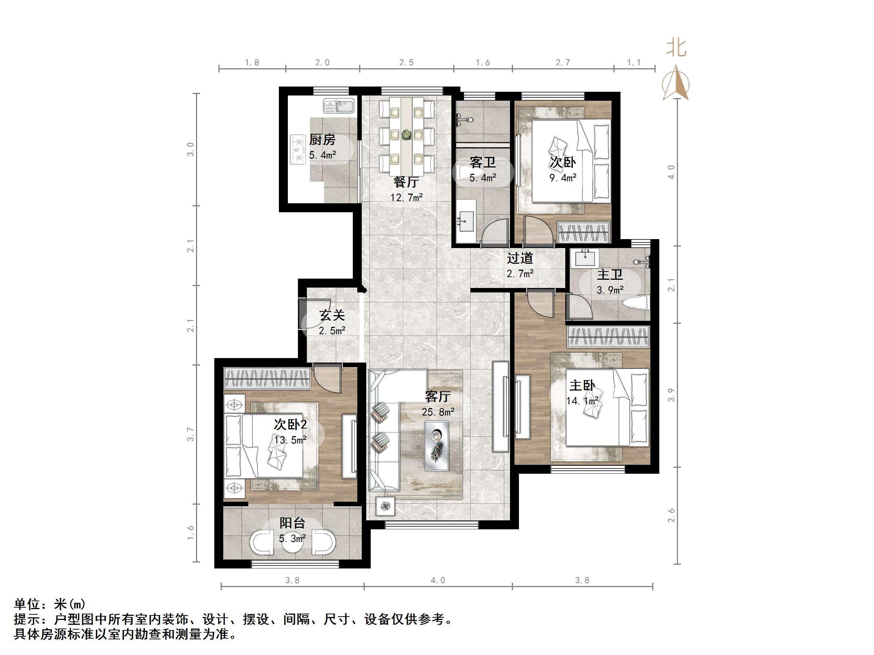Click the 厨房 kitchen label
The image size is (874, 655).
(322, 140)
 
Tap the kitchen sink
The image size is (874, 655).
(339, 106)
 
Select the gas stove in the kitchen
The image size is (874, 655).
(298, 150)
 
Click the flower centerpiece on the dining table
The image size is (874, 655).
(407, 135)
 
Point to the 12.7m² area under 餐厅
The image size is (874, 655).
(407, 197)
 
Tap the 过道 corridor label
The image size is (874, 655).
(520, 258)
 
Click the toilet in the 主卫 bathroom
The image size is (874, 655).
(635, 303)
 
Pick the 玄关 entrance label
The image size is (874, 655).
(332, 315)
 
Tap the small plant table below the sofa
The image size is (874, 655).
(385, 506)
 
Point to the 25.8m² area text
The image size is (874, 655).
(438, 412)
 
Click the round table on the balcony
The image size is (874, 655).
(292, 544)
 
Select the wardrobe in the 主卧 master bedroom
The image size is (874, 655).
(608, 337)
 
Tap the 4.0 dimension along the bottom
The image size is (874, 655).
(438, 580)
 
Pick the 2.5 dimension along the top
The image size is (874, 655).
(406, 62)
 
